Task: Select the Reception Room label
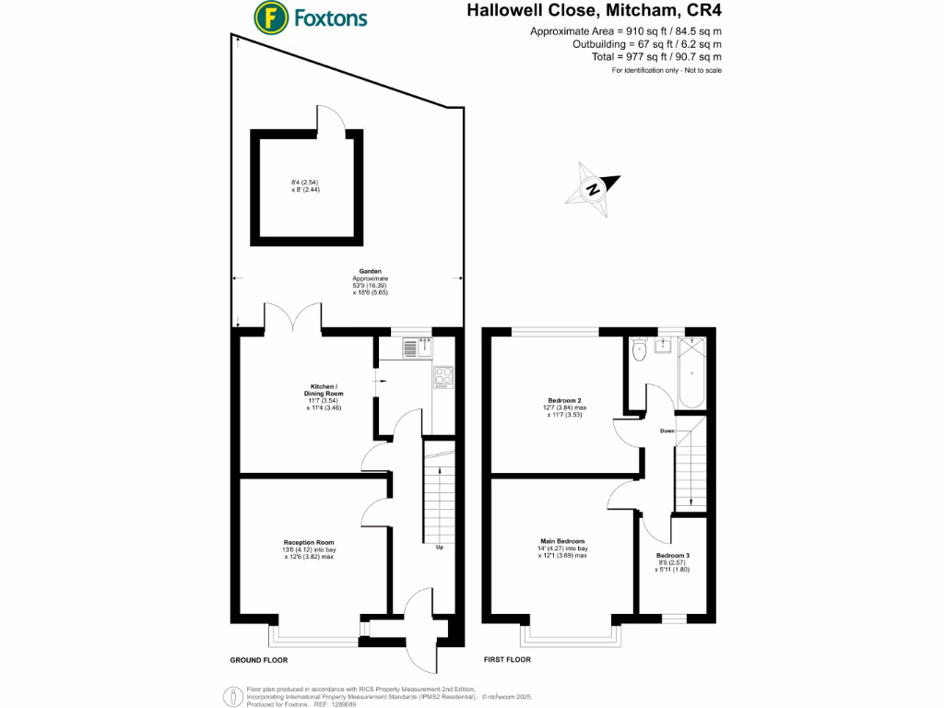(x=309, y=542)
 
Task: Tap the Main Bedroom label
(x=562, y=541)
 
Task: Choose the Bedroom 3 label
(x=672, y=556)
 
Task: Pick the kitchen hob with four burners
(x=443, y=376)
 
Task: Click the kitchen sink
(x=418, y=348)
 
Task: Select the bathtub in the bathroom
(x=692, y=374)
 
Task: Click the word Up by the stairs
(x=440, y=548)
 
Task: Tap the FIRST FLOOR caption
(x=513, y=660)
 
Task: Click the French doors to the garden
(x=293, y=318)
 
